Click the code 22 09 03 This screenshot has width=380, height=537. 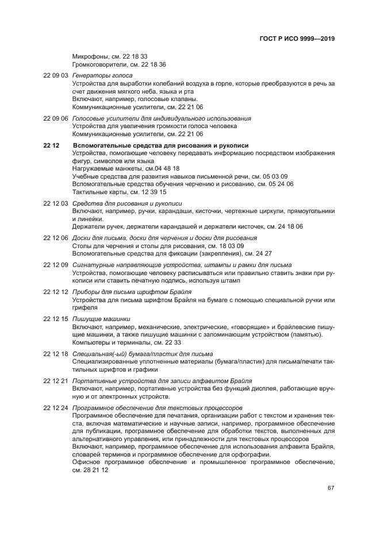pos(56,76)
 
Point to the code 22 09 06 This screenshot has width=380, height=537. pos(56,118)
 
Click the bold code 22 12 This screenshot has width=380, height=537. pos(52,145)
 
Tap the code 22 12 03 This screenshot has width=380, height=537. pos(56,203)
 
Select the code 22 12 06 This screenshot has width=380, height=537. pos(56,238)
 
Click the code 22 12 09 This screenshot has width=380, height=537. pos(56,265)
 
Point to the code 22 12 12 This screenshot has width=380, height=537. pos(56,292)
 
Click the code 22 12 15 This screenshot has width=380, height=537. pos(56,319)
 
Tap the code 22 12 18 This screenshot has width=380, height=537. pos(56,354)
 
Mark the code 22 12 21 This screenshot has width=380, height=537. pos(56,381)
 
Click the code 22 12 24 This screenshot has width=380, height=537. pos(56,408)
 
